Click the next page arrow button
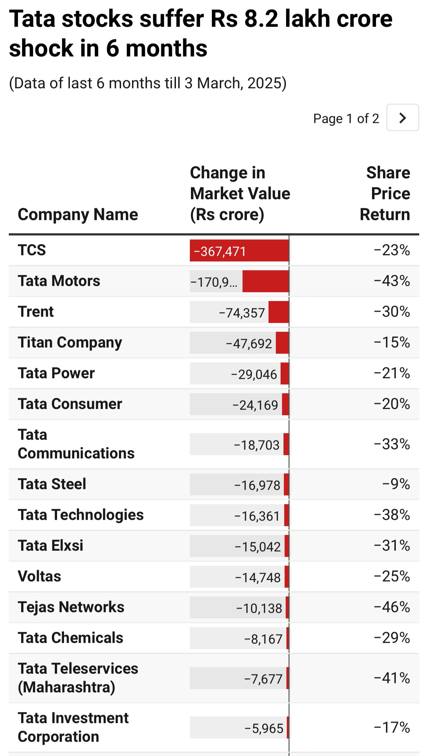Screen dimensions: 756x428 click(402, 118)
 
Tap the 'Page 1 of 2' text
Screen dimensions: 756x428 click(346, 119)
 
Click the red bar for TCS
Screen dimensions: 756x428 click(239, 251)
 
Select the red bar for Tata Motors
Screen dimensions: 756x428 click(266, 281)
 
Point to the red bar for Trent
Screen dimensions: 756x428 click(278, 312)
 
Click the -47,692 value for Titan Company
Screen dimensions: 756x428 click(249, 343)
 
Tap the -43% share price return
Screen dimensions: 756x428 click(392, 281)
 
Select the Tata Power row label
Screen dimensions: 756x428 click(56, 373)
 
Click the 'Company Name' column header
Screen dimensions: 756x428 click(78, 215)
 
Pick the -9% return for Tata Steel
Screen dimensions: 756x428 click(396, 484)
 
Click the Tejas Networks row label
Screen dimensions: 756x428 click(71, 607)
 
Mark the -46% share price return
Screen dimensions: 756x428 click(392, 607)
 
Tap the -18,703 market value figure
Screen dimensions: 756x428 click(257, 445)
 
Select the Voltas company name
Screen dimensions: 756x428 click(40, 576)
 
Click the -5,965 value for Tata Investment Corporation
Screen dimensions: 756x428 click(264, 728)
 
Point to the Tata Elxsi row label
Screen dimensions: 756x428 click(51, 545)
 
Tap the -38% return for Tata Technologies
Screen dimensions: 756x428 click(392, 515)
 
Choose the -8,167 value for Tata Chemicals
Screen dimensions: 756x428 click(263, 639)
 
